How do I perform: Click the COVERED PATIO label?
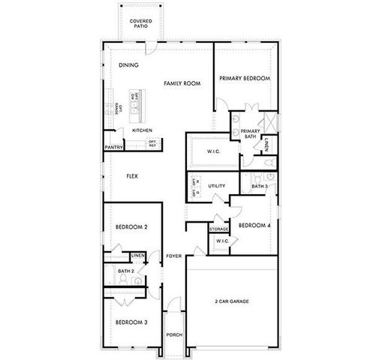[139, 24]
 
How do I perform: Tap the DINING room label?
[128, 65]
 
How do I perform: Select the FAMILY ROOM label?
[182, 83]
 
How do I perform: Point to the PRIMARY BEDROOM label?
[245, 78]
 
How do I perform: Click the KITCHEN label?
[143, 130]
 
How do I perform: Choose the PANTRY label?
[114, 147]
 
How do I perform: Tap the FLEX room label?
[131, 176]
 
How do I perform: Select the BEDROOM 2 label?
[131, 227]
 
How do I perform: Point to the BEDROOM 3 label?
[131, 322]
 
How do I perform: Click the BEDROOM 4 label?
[254, 225]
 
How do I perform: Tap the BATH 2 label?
[127, 270]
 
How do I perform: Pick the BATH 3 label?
[260, 186]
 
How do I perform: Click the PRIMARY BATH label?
[249, 133]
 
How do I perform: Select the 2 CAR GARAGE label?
[232, 301]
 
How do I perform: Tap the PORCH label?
[175, 334]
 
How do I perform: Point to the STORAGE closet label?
[218, 229]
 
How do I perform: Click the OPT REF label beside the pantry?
[152, 143]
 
